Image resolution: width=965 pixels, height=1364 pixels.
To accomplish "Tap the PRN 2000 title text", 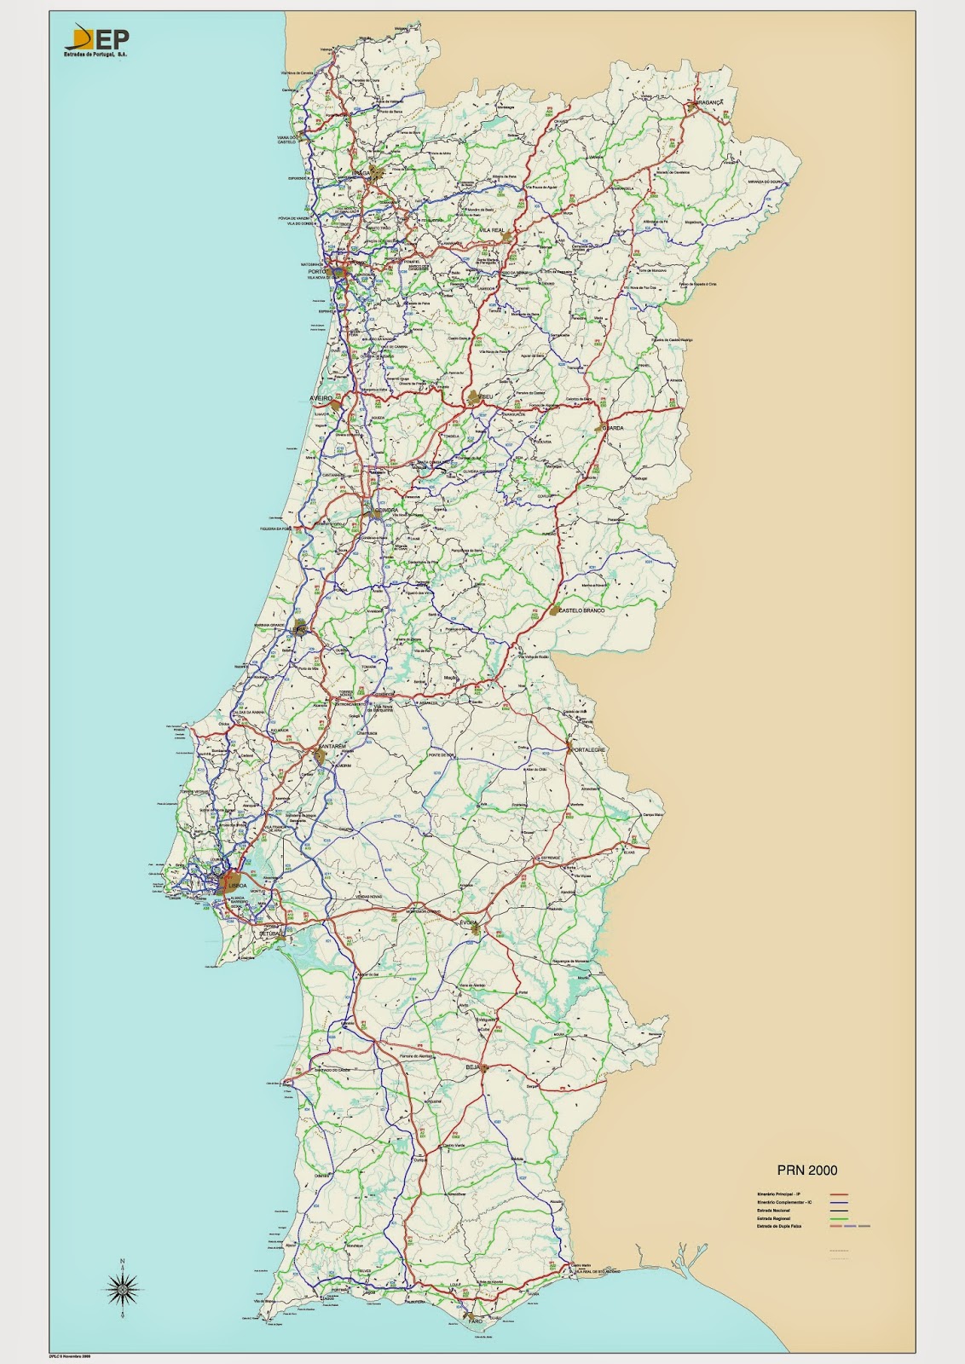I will point(806,1170).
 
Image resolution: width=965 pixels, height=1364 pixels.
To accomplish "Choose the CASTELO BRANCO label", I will point(582,611).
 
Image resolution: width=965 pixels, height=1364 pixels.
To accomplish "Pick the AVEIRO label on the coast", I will point(320,399).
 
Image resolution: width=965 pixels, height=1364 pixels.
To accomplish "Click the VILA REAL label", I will point(492,231).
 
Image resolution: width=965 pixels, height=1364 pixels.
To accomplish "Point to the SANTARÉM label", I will point(331,746).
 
